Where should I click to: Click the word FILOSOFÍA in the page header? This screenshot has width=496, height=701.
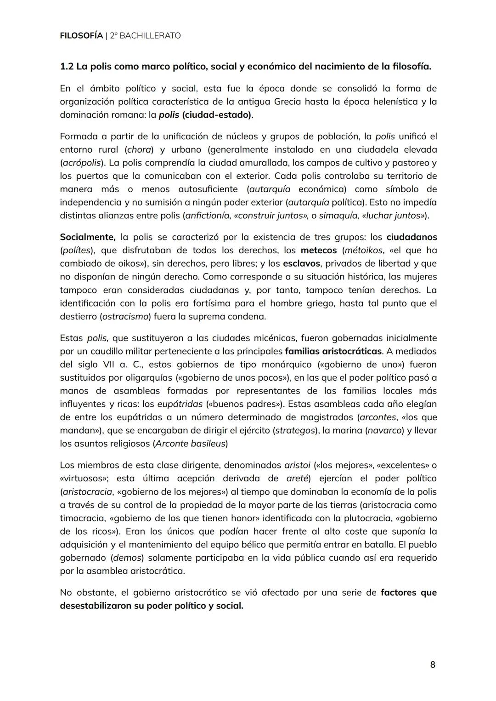pyautogui.click(x=81, y=35)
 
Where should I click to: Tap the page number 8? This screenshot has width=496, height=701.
pyautogui.click(x=433, y=664)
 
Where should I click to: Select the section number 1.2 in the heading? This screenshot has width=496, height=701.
pyautogui.click(x=67, y=67)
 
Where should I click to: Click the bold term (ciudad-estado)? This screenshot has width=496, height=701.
pyautogui.click(x=217, y=114)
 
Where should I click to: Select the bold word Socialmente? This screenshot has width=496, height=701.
pyautogui.click(x=87, y=237)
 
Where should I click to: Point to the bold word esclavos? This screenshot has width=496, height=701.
pyautogui.click(x=302, y=264)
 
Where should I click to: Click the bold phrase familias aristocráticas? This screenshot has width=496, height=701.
pyautogui.click(x=333, y=351)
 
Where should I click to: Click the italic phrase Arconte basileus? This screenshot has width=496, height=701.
pyautogui.click(x=190, y=444)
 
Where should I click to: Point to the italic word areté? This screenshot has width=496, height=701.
pyautogui.click(x=298, y=479)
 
